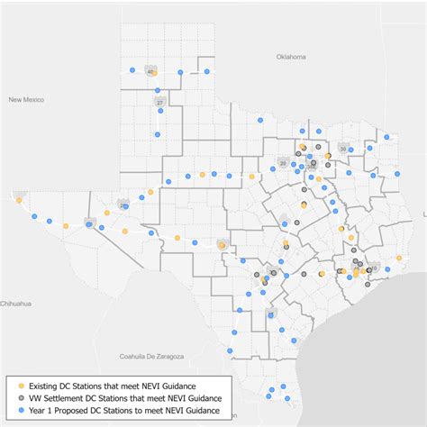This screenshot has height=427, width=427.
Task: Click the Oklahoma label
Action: click(x=292, y=57)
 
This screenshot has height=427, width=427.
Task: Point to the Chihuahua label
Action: click(x=15, y=304)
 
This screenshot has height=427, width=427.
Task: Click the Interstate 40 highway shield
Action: click(x=150, y=73)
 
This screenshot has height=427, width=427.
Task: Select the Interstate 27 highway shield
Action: click(x=160, y=104)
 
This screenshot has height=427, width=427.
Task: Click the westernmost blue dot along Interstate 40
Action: click(x=132, y=69)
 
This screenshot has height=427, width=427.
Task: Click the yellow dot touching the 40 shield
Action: click(x=155, y=72)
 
